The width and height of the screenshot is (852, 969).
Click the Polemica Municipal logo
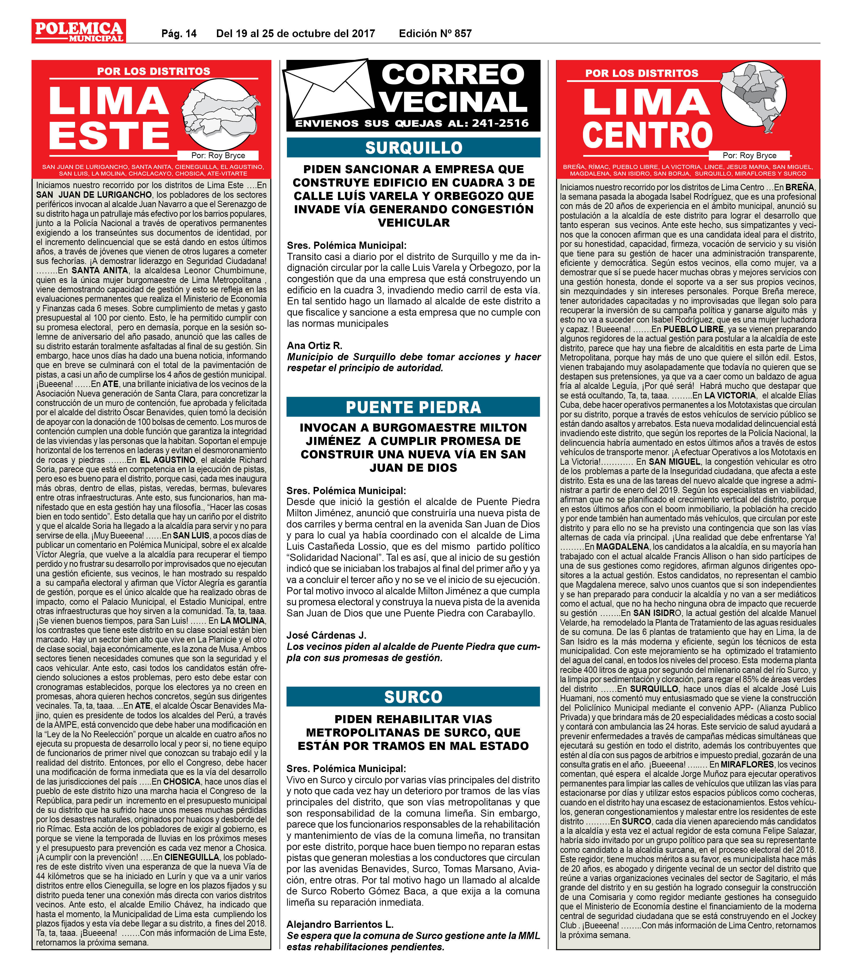coord(79,31)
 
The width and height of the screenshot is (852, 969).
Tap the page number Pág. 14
coord(179,34)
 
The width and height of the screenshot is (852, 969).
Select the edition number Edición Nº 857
coord(435,34)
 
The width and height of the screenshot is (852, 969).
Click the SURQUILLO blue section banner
coord(413,148)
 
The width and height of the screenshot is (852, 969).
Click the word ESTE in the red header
coord(109,136)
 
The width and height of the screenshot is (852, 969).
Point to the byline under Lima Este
coord(218,156)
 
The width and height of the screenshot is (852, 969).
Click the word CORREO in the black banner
coord(453,75)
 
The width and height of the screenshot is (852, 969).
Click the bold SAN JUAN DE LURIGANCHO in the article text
coord(94,195)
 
